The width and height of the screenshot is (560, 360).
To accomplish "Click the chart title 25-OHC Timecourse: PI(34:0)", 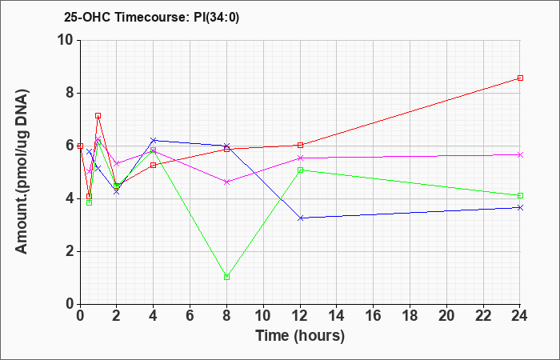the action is tap(151, 17).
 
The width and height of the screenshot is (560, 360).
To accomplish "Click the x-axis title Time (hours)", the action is tap(300, 336).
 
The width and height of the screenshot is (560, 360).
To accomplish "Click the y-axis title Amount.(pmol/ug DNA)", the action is tap(22, 172).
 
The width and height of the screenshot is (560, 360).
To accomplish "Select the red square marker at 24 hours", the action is tap(520, 78).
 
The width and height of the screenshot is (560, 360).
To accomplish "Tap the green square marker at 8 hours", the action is tap(226, 277).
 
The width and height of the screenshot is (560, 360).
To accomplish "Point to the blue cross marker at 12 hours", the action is tap(300, 218).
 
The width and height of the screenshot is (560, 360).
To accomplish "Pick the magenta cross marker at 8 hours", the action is tap(226, 182).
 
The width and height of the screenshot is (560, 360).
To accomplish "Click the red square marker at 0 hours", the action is tap(80, 146).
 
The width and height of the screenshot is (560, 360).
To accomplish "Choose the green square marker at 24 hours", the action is tap(520, 195).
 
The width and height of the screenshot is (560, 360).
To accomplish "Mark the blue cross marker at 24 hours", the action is tap(520, 207).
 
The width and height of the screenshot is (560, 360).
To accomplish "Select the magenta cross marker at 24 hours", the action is tap(520, 154).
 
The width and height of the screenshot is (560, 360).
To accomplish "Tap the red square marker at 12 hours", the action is tap(300, 145).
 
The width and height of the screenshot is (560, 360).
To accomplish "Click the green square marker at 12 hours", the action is tap(300, 170).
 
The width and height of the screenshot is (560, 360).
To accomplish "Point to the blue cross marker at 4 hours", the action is tap(154, 140).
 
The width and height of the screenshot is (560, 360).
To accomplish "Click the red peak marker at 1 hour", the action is tap(98, 115).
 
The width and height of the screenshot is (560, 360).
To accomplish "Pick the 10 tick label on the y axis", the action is tap(66, 40).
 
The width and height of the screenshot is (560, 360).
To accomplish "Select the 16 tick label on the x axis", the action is tap(374, 316).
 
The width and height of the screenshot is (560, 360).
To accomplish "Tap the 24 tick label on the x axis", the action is tap(520, 316).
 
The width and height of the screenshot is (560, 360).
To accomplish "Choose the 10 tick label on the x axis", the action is tap(263, 316).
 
